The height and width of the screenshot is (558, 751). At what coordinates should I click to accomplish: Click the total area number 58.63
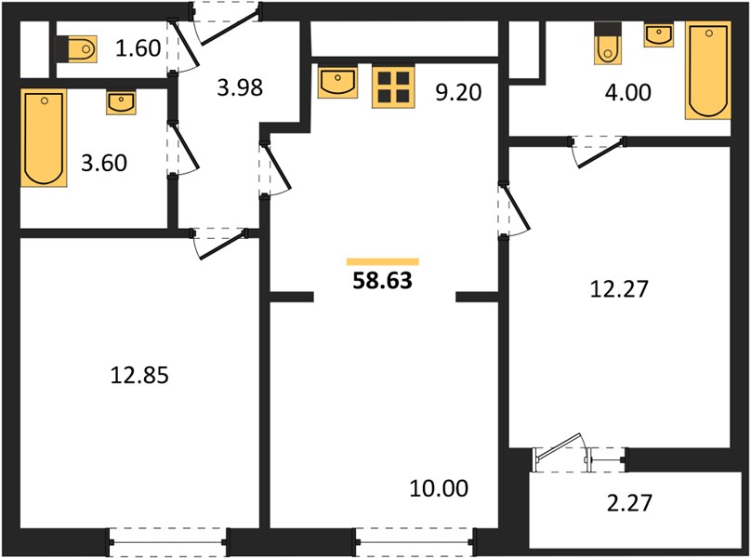tap(382, 281)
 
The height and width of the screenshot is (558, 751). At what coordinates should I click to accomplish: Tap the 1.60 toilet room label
tap(138, 48)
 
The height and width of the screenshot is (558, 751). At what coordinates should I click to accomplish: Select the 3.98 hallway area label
tap(240, 87)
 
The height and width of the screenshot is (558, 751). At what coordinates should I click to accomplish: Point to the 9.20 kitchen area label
tap(458, 92)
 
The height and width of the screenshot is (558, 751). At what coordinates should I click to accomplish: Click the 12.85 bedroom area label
tap(139, 375)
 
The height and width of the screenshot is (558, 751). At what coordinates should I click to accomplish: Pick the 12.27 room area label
tap(619, 289)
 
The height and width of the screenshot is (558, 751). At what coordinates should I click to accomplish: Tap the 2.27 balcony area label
tap(629, 503)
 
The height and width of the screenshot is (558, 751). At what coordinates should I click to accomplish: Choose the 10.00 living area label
tap(440, 488)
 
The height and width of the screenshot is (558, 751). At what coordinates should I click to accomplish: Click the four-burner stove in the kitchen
tap(393, 86)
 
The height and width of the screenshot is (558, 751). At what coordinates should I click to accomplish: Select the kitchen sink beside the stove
tap(337, 83)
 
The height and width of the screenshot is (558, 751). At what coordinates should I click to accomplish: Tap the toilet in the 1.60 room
tap(76, 48)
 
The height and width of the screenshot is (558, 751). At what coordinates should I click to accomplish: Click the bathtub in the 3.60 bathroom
tap(44, 137)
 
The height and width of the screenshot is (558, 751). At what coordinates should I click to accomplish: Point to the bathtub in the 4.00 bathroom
tap(708, 71)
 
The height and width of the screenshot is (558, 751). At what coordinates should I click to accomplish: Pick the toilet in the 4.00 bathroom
tap(607, 43)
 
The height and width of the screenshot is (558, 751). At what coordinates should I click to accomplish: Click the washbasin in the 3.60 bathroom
tap(121, 102)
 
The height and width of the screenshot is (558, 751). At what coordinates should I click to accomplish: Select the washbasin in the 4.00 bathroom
tap(659, 35)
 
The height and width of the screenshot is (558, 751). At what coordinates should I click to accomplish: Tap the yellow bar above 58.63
tap(383, 261)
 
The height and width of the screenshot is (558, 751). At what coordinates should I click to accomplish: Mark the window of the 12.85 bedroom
tap(168, 542)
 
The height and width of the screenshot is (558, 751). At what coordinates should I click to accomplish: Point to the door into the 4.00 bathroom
tap(598, 151)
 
